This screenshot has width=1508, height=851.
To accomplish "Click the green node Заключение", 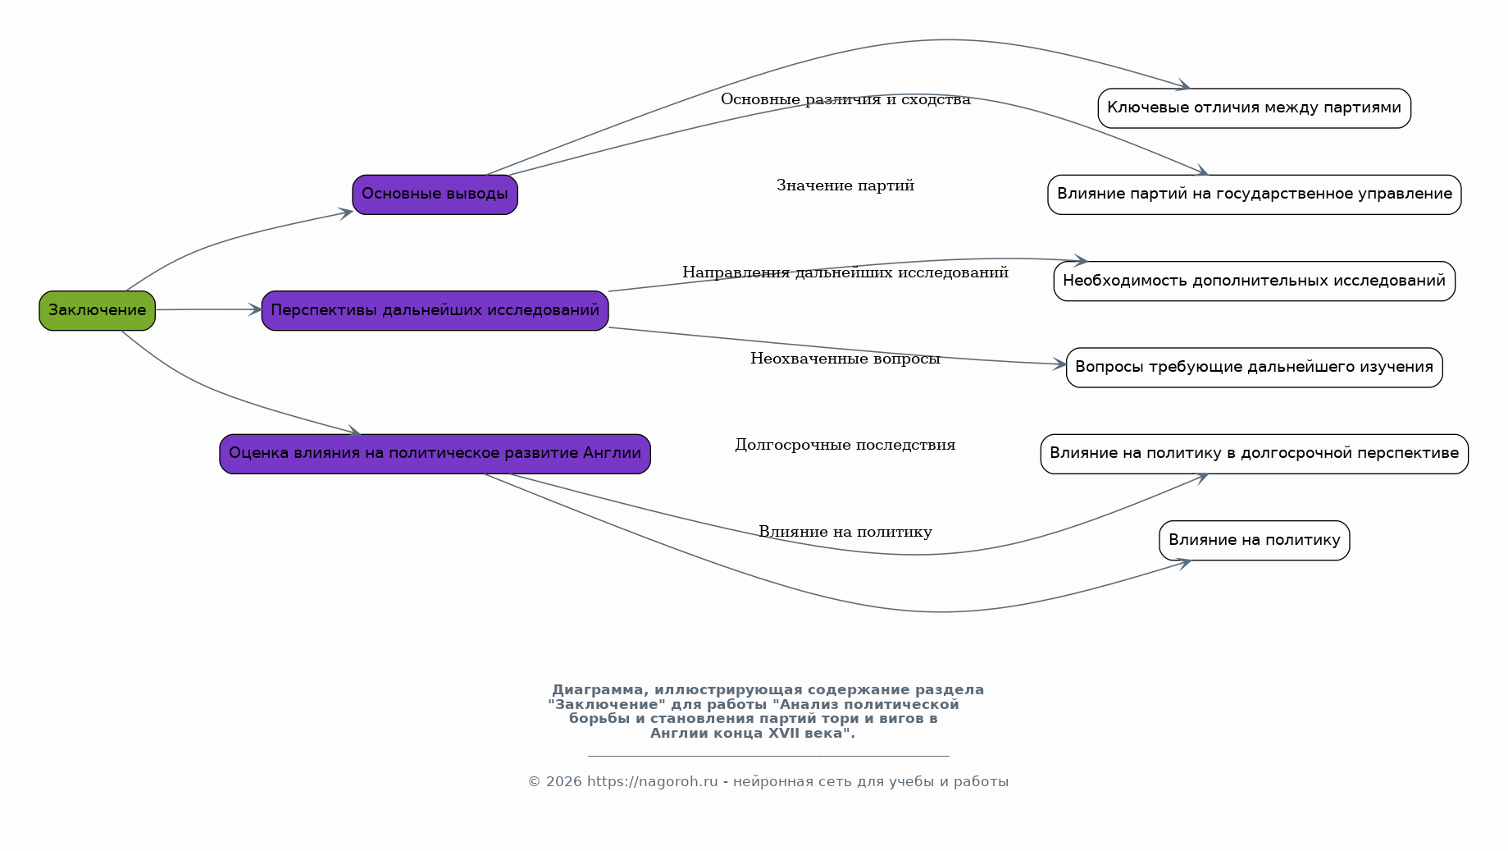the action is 97,310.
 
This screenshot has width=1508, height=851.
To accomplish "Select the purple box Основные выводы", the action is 435,194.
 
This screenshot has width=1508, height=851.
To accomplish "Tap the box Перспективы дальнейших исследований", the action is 435,310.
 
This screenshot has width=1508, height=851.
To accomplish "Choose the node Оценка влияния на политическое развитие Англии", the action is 435,454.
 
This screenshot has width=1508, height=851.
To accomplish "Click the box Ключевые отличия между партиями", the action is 1254,108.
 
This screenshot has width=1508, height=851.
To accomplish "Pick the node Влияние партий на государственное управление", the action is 1254,194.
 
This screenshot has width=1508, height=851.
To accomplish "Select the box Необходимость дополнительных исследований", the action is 1254,281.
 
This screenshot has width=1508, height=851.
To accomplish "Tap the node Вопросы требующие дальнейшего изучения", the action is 1254,368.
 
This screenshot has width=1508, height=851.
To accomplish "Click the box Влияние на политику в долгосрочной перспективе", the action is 1254,454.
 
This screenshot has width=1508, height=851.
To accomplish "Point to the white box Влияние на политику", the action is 1254,541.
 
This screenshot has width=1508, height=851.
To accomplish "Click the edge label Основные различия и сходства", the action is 845,99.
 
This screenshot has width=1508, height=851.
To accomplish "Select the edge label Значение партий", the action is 845,185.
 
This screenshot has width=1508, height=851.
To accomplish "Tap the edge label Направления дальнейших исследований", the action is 845,272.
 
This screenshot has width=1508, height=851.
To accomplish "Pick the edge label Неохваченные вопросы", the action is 845,359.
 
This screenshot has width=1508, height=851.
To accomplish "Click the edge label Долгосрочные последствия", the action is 845,445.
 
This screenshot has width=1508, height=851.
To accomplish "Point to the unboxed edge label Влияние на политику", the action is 845,532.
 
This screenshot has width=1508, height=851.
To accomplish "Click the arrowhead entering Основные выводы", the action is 347,213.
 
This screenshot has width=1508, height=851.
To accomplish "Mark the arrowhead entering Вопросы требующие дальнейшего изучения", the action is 1059,364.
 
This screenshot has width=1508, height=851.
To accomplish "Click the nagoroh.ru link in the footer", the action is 653,782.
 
